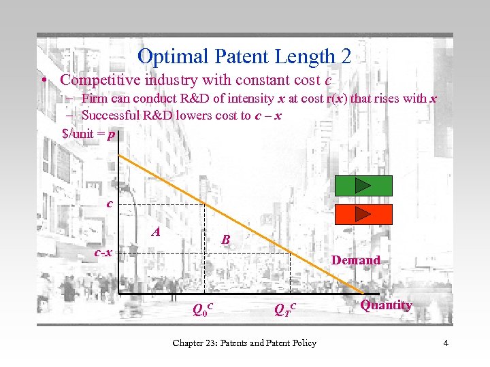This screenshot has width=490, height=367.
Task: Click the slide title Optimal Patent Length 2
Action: click(244, 56)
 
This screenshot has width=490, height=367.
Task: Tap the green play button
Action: click(363, 186)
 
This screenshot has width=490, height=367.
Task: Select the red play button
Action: click(363, 214)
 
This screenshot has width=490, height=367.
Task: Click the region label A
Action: click(157, 232)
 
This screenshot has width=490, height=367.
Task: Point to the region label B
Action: click(226, 240)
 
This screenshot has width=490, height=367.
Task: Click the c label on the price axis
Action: click(109, 203)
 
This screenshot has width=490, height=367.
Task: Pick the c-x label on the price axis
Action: click(103, 253)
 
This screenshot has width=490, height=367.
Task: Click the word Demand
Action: click(355, 260)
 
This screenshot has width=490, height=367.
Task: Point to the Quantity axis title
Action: click(386, 305)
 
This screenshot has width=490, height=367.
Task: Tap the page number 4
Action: click(445, 343)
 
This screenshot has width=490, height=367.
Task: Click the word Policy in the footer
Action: click(301, 343)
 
